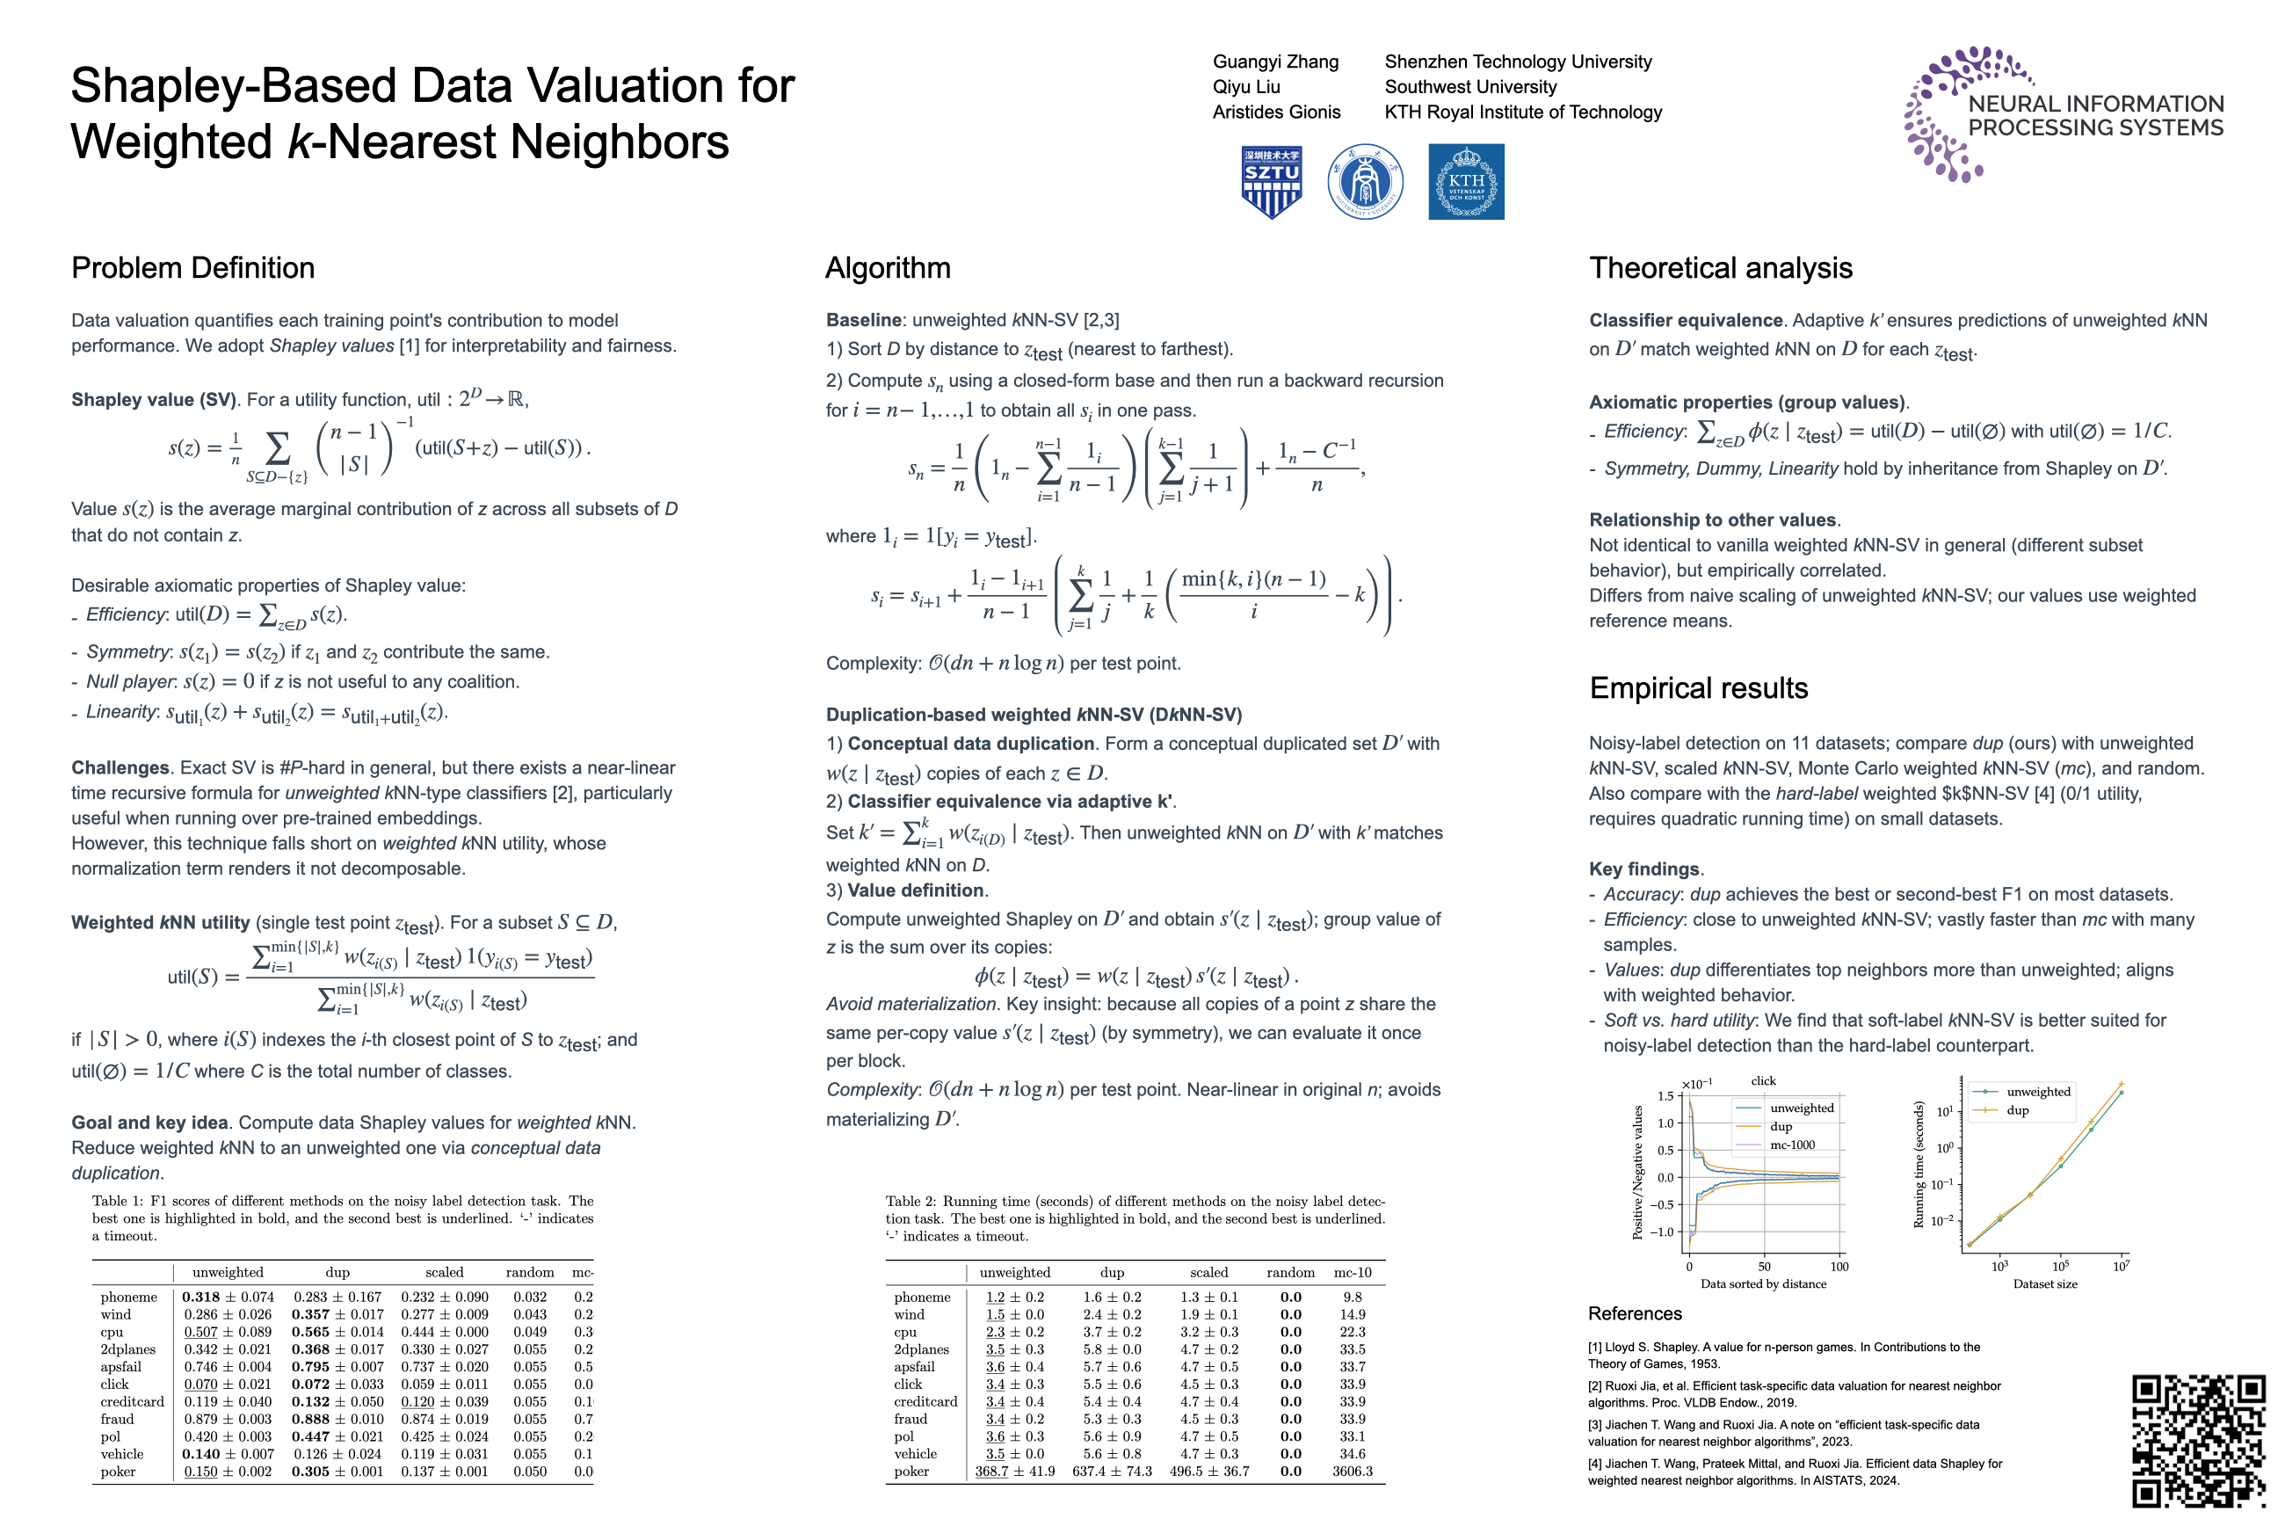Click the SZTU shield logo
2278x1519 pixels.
(x=1271, y=181)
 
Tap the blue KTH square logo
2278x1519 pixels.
(x=1465, y=181)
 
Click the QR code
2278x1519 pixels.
(x=2198, y=1441)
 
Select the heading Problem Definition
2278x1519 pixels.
(x=192, y=267)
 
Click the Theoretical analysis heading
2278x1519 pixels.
(x=1720, y=267)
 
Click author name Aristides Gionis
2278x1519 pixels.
(x=1275, y=113)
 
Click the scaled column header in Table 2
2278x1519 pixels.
(x=1208, y=1273)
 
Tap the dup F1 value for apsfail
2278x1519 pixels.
(x=337, y=1367)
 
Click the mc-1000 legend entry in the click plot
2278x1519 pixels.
(x=1792, y=1145)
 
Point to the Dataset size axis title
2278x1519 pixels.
(x=2044, y=1284)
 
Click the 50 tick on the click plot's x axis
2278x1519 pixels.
(x=1764, y=1266)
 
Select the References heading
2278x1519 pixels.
(x=1634, y=1313)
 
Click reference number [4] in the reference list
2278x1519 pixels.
(x=1594, y=1464)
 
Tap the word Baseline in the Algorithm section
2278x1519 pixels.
(x=863, y=321)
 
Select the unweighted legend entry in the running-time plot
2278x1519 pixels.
(x=2037, y=1092)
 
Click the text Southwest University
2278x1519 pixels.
(x=1470, y=87)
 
